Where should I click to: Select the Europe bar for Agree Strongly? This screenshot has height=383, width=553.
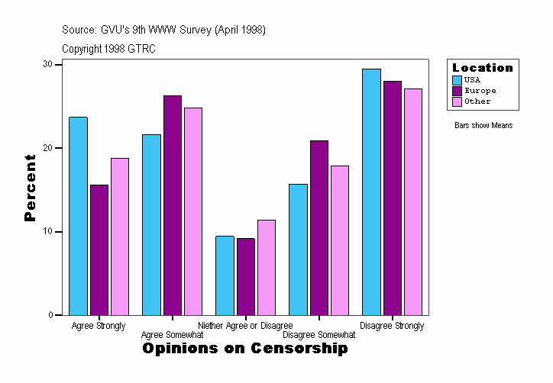point(99,249)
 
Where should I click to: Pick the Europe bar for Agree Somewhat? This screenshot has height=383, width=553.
point(173,205)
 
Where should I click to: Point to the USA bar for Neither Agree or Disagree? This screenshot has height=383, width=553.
point(225,275)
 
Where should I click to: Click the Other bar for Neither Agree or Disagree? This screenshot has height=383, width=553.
point(267,267)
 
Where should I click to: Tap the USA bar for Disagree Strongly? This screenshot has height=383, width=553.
point(371,191)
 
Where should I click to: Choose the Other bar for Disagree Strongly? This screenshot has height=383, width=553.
point(413,201)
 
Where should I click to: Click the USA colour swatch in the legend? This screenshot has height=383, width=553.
point(457,79)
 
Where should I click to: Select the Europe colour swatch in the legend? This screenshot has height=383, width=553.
point(457,90)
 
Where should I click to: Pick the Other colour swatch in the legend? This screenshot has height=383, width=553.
point(457,101)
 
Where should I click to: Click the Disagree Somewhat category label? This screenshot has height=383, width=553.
point(319,334)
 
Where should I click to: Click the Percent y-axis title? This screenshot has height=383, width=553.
point(30,188)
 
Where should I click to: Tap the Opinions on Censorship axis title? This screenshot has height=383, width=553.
point(245,349)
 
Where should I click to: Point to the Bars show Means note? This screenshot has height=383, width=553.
point(483,125)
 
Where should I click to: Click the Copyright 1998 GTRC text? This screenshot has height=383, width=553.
point(108,48)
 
